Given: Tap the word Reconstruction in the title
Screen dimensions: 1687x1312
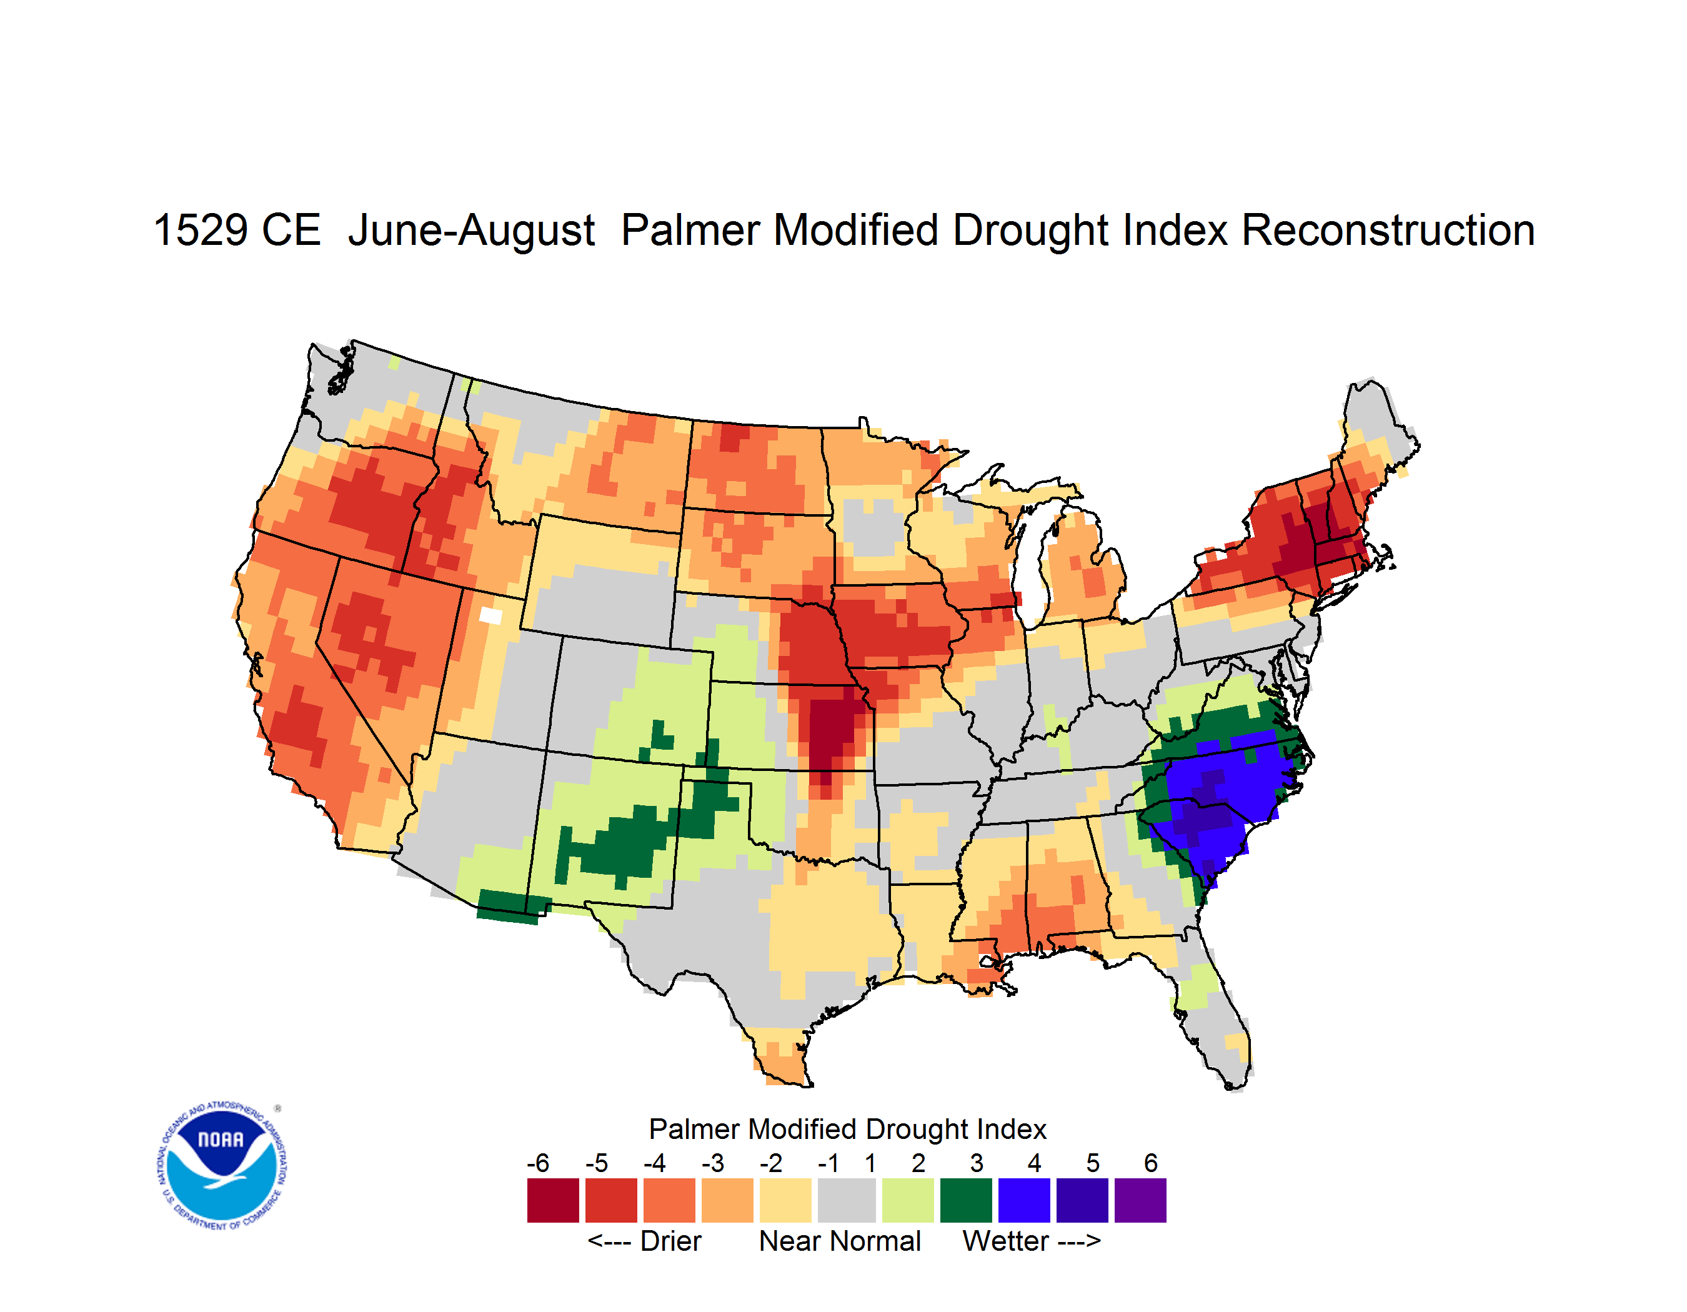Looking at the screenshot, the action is point(1388,230).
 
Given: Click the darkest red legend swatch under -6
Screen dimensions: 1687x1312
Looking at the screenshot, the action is point(553,1200).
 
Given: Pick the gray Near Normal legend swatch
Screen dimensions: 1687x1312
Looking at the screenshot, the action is point(847,1200).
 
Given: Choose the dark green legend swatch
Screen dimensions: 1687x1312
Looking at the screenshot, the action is point(965,1200).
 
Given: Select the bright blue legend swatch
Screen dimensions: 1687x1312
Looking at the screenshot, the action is point(1024,1200).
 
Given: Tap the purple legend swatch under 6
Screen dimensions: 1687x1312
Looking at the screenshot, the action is point(1140,1200).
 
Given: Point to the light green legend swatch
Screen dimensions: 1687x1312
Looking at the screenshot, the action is point(908,1200).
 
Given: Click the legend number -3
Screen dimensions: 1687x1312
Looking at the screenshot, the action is point(713,1163).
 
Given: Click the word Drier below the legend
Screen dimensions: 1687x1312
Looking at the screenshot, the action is point(670,1241).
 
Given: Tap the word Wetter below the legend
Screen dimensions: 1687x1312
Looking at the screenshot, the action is point(1006,1241).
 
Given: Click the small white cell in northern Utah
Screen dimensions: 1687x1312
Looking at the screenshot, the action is point(490,615).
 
